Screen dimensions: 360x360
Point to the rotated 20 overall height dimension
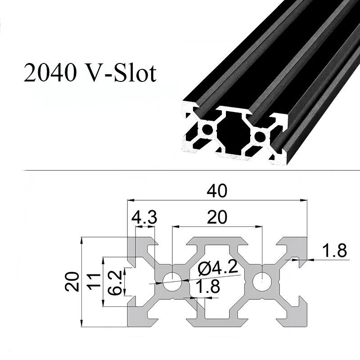[73, 281]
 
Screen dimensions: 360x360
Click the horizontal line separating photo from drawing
[180, 171]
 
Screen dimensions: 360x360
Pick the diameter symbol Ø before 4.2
[202, 269]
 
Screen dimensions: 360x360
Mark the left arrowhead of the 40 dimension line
[130, 199]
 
